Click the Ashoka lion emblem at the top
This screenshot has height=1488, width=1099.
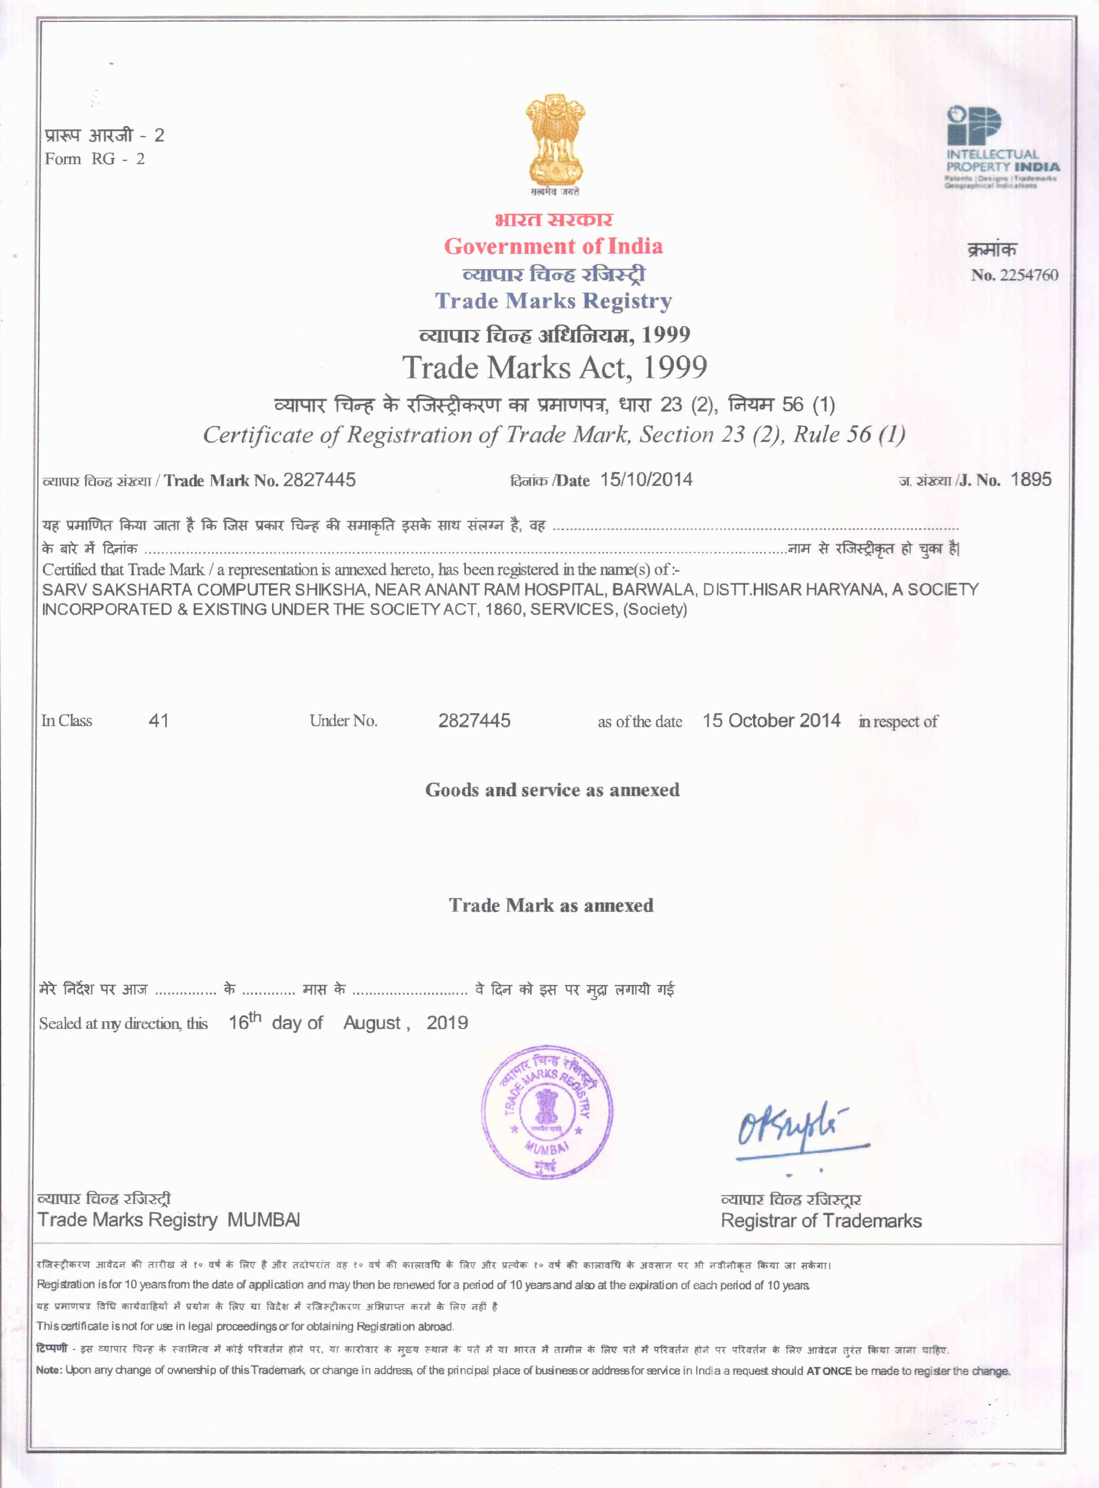(x=555, y=141)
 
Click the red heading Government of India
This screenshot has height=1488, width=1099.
(x=553, y=246)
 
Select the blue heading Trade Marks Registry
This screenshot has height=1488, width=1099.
(x=553, y=301)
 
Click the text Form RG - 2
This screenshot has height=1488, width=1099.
(x=94, y=159)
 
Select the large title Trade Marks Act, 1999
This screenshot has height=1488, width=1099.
(x=554, y=367)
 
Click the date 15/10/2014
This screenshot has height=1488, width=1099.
(x=646, y=480)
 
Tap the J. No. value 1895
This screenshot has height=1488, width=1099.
(x=1031, y=479)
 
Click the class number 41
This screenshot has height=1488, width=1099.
(x=158, y=721)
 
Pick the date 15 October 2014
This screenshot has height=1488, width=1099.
(x=771, y=721)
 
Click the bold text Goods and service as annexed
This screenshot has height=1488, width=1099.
(x=552, y=790)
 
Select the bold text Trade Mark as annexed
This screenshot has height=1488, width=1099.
(x=551, y=905)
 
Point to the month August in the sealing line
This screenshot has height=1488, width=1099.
(x=371, y=1023)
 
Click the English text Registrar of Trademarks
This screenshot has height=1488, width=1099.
(x=821, y=1221)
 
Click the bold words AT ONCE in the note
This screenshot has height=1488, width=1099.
(x=828, y=1371)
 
